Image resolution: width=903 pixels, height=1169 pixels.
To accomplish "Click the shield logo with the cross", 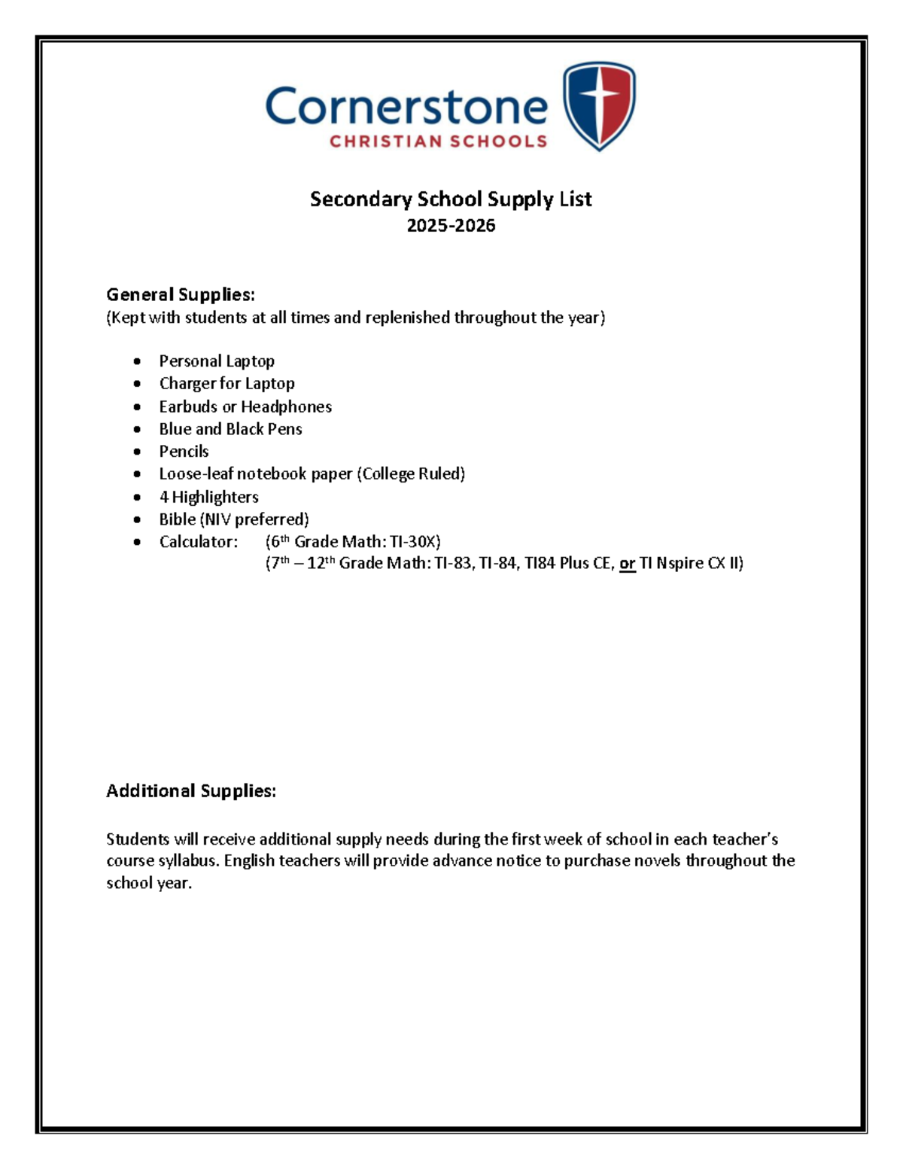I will click(599, 105).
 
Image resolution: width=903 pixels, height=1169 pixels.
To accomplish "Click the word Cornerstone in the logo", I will click(406, 108).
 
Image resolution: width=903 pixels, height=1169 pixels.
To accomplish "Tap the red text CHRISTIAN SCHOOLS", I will click(438, 142).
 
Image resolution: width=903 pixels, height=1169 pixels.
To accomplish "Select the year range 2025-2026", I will click(451, 226).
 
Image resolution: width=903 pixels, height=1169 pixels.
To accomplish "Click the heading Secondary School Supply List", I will click(451, 199).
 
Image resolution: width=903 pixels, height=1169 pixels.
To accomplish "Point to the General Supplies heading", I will click(181, 294).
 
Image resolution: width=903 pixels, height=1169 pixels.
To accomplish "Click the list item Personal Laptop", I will click(217, 361).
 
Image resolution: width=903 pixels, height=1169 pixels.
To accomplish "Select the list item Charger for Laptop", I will click(227, 384).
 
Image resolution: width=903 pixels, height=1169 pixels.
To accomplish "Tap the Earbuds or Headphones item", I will click(245, 406).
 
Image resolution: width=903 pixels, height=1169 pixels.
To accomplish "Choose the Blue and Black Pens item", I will click(230, 429).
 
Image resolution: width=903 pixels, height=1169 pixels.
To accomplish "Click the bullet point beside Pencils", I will click(137, 452).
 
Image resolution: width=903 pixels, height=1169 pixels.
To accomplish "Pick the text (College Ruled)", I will click(411, 474).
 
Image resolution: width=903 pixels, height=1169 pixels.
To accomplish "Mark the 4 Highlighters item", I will click(208, 497).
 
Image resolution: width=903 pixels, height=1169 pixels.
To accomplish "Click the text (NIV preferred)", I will click(254, 519).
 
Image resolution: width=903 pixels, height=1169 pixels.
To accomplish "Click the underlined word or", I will click(627, 564).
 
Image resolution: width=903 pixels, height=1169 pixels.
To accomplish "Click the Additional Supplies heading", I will click(191, 791).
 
